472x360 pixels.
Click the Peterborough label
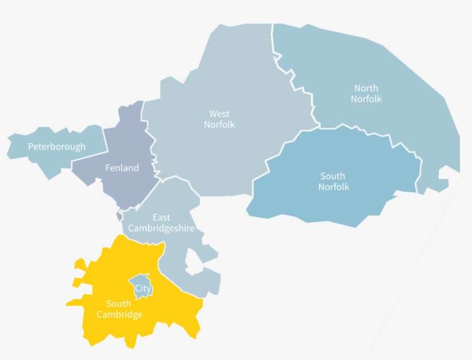[56, 147]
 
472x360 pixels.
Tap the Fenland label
[122, 168]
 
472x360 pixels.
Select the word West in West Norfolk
[219, 114]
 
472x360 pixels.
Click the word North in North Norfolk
[366, 88]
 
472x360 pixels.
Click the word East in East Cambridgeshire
[161, 217]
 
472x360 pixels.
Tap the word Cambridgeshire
[161, 228]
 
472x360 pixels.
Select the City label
[143, 289]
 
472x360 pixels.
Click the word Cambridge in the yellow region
[119, 315]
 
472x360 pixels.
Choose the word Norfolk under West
[219, 125]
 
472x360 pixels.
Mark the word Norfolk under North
[366, 99]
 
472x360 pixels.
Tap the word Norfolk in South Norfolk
[334, 187]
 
